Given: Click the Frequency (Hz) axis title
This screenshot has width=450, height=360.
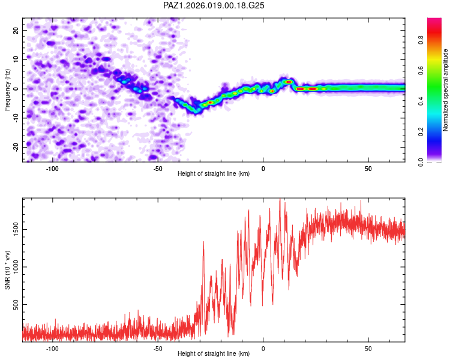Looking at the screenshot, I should click(8, 89).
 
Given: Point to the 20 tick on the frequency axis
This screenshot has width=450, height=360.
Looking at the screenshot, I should click(16, 30).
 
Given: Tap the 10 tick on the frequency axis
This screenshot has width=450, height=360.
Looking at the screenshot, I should click(16, 59).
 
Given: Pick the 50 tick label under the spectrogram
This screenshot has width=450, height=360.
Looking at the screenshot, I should click(368, 168).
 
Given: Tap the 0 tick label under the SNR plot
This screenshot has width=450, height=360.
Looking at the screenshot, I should click(263, 348).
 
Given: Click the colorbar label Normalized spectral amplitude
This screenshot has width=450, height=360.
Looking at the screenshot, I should click(446, 90).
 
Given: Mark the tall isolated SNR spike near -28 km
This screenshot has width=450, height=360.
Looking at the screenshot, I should click(203, 243).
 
